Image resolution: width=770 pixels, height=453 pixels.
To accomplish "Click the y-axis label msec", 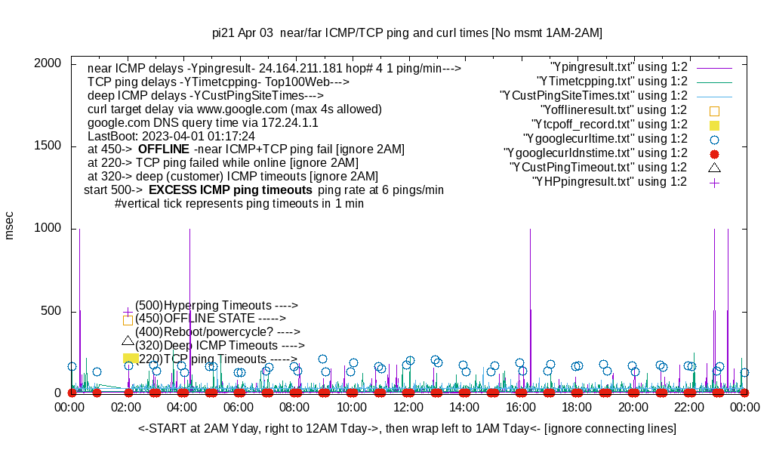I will (10, 225).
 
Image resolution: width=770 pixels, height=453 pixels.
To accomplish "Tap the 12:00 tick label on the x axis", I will (408, 408).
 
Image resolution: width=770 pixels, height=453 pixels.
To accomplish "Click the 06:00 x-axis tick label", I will (239, 408).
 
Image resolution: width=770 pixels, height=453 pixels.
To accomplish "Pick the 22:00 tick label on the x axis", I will (689, 408).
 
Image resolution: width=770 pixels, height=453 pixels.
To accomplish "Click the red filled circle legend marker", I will (714, 153).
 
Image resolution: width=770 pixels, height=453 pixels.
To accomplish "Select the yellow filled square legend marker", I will (714, 125).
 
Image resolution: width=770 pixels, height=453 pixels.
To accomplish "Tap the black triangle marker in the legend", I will (714, 167).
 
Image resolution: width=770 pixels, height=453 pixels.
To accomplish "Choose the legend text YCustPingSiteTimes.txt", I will (593, 96).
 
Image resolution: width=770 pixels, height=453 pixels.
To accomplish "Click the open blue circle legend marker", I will (714, 139).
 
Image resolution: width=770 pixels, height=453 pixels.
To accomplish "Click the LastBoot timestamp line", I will (171, 136).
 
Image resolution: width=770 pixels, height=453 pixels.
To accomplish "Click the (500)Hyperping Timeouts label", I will (217, 305).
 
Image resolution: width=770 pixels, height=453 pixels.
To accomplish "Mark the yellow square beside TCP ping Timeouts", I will (130, 359).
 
